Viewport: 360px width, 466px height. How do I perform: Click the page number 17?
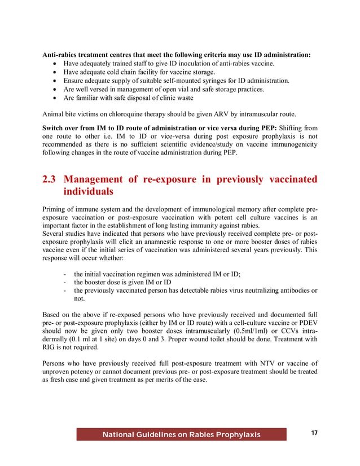pyautogui.click(x=314, y=433)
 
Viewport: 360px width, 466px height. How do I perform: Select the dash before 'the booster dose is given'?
pyautogui.click(x=67, y=282)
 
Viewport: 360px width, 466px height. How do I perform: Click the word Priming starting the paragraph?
pyautogui.click(x=55, y=210)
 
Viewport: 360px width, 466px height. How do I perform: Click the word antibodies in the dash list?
pyautogui.click(x=296, y=291)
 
